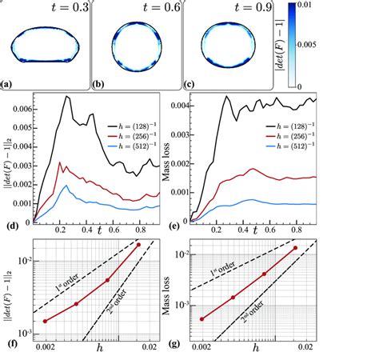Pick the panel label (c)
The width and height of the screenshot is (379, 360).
[x=192, y=84]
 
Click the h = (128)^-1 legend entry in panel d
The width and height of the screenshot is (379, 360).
[x=138, y=126]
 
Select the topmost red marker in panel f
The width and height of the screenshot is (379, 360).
[x=138, y=245]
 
